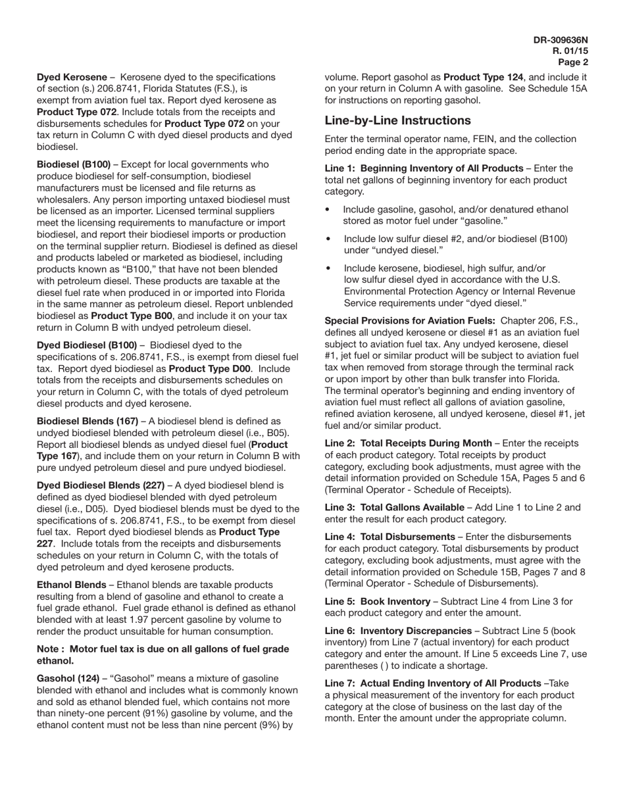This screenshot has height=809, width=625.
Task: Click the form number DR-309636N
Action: pos(561,40)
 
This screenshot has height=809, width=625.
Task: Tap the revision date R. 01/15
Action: pos(570,51)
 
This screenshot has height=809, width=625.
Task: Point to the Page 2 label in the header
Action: pos(573,62)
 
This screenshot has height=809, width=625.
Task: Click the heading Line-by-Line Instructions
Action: pos(397,120)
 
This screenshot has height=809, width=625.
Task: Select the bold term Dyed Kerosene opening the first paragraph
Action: pos(72,78)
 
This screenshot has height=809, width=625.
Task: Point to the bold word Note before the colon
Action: pos(49,649)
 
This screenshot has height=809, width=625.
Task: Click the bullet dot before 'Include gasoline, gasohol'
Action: pos(328,210)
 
